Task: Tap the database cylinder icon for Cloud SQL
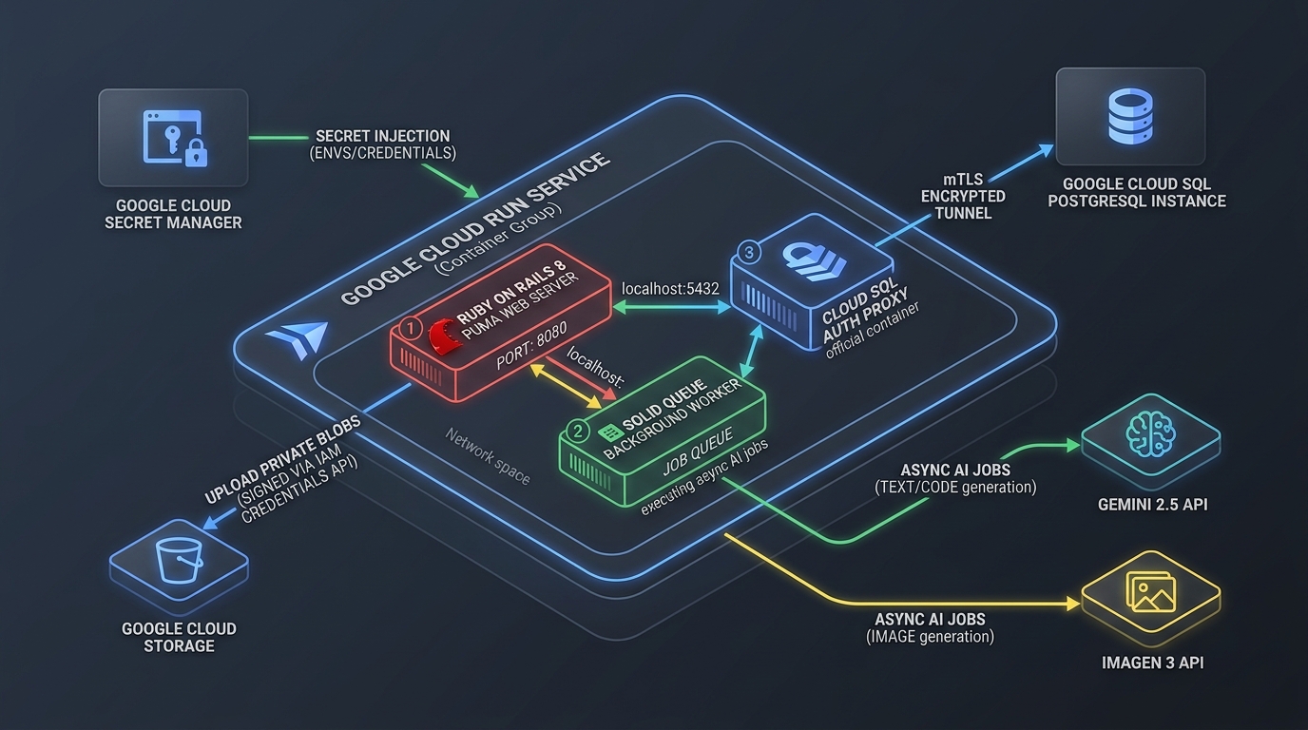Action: (1130, 115)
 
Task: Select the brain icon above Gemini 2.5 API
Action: (1150, 433)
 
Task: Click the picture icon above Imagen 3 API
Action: (1150, 591)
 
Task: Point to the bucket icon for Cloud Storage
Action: (180, 560)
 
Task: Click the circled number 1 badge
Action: (411, 328)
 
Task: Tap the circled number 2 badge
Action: (578, 432)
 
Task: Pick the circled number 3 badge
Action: (749, 253)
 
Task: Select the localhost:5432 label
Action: (670, 289)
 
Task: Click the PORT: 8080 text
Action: (531, 346)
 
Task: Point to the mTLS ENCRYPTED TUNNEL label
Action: (964, 196)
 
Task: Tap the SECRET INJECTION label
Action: (383, 136)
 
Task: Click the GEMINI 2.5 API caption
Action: (1153, 505)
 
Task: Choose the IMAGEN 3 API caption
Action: (1153, 663)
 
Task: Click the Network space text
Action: (488, 456)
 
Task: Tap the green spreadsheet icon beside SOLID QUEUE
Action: (610, 432)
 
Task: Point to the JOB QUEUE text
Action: (698, 452)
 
